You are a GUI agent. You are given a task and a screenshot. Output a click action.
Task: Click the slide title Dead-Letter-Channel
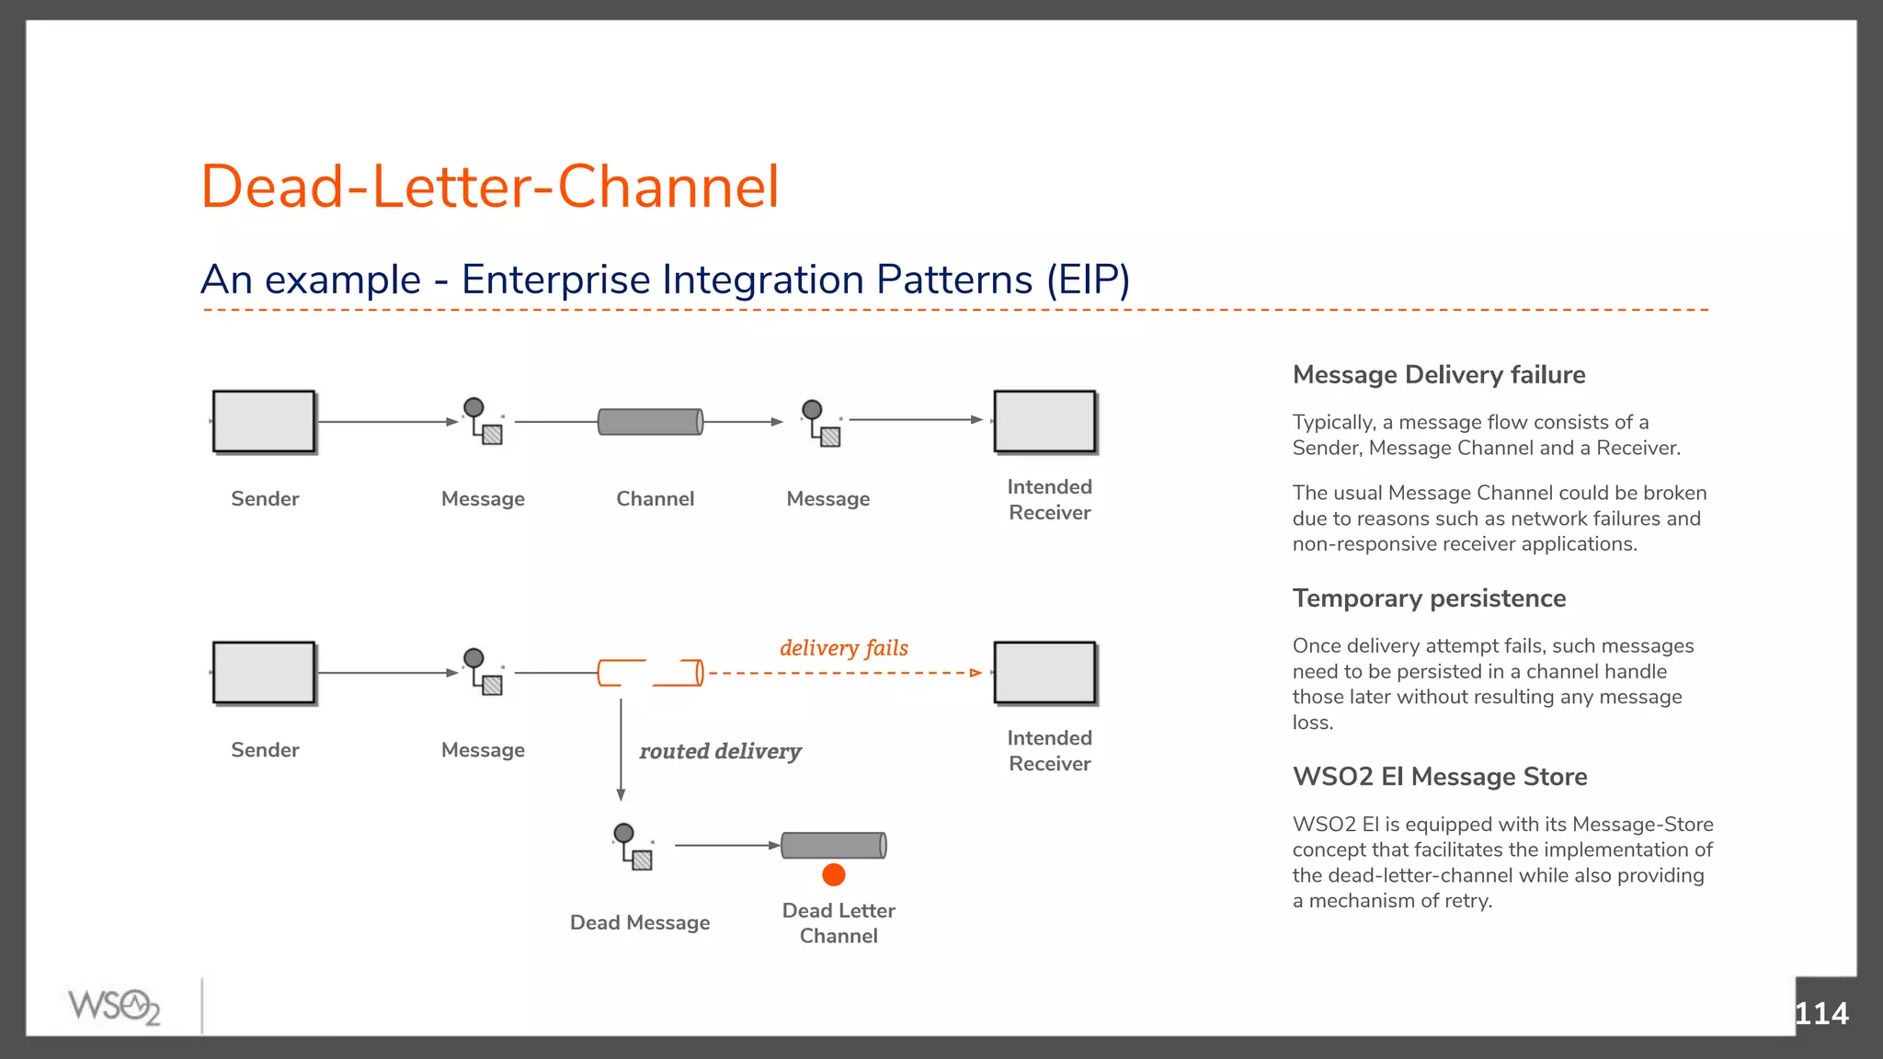[x=490, y=187]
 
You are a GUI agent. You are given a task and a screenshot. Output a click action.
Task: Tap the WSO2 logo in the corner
[x=114, y=1007]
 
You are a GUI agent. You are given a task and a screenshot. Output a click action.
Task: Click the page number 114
[x=1820, y=1013]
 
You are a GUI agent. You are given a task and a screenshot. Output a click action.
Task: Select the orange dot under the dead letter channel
[x=834, y=875]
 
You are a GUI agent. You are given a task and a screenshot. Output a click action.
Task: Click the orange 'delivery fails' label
[x=843, y=648]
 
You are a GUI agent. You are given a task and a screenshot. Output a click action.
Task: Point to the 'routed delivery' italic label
[x=720, y=751]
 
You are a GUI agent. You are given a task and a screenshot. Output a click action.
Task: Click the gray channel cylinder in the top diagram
[x=650, y=422]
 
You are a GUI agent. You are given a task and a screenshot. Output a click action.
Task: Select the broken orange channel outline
[x=650, y=673]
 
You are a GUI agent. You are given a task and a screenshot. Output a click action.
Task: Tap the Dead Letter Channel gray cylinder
[x=833, y=845]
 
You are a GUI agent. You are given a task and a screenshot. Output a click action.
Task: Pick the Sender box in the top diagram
[x=264, y=422]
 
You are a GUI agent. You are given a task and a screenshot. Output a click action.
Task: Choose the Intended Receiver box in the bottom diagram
[x=1044, y=673]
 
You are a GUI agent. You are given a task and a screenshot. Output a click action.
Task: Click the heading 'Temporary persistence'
[x=1429, y=598]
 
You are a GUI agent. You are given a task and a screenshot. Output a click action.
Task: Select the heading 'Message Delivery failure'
[x=1438, y=375]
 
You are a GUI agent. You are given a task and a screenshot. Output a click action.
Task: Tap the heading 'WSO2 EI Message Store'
[x=1439, y=777]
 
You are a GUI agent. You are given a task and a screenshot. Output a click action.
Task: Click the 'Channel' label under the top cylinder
[x=655, y=499]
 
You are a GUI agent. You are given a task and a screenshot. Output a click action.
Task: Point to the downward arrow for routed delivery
[x=621, y=749]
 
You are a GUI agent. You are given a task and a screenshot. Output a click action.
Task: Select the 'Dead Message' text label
[x=640, y=923]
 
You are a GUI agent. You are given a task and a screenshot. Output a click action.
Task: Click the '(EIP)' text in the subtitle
[x=1088, y=279]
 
